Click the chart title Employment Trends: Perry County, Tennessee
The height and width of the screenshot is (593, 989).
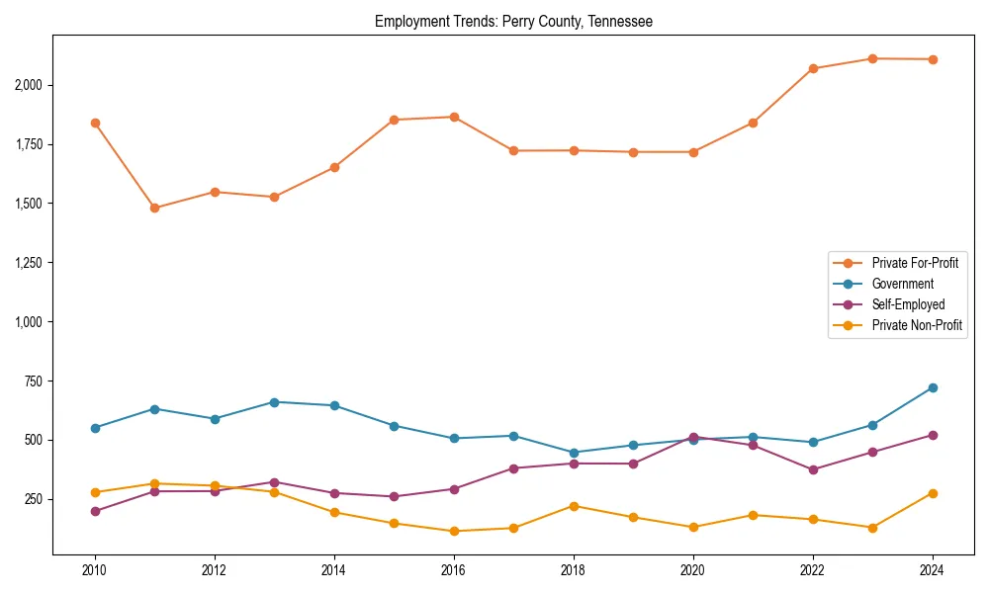point(513,22)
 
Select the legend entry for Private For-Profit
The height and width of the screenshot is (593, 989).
point(915,263)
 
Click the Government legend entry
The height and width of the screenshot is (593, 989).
point(902,284)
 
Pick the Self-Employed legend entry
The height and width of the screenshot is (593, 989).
point(908,304)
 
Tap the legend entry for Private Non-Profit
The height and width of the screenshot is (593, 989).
point(917,325)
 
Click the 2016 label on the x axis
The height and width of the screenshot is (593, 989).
point(454,570)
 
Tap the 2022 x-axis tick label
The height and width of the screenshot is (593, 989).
point(813,570)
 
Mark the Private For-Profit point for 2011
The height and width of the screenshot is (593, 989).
point(154,208)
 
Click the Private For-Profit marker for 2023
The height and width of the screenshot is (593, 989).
point(872,58)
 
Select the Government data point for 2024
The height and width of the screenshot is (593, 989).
point(933,387)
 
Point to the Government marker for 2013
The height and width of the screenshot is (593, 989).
point(274,402)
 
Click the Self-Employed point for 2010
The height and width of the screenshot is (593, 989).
point(95,511)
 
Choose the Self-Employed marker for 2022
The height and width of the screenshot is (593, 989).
point(813,469)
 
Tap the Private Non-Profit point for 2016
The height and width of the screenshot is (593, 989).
point(454,531)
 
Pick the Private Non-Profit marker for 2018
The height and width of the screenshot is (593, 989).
point(574,506)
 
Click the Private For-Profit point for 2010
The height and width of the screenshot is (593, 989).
point(95,123)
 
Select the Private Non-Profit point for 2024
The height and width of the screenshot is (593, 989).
point(933,493)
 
